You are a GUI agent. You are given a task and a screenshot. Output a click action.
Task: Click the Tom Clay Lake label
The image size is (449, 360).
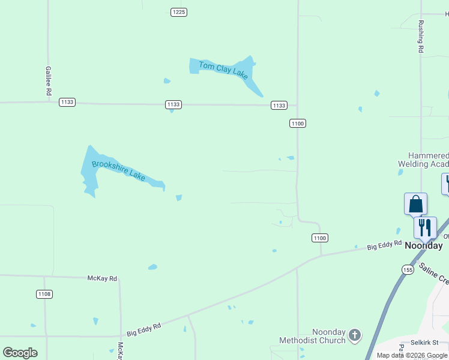pos(223,70)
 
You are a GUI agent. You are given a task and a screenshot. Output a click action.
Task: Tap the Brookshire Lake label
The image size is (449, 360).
pos(118,170)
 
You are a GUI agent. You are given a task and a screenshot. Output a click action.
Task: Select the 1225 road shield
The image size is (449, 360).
pos(178,12)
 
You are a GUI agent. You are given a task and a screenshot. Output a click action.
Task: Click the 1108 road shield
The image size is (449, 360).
pos(44,294)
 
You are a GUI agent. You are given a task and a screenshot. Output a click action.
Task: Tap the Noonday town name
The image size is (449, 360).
pos(424,245)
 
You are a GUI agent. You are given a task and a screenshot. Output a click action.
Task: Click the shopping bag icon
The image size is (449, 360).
pos(415,205)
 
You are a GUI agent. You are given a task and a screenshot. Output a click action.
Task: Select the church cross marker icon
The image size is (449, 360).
pos(355,335)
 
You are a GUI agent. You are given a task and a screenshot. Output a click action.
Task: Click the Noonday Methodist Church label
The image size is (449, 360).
pos(312,337)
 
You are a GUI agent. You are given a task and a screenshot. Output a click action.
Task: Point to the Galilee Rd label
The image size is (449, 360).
pos(48,81)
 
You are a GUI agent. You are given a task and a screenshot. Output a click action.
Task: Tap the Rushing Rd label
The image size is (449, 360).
pos(421,37)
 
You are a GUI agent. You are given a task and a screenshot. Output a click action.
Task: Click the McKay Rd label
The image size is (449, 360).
pos(102,278)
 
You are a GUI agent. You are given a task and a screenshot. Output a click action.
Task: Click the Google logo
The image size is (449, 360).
pos(20,353)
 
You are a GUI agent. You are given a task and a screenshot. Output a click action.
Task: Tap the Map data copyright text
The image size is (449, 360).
pos(412,355)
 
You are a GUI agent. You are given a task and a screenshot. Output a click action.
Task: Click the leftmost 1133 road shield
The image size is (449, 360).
pos(67,103)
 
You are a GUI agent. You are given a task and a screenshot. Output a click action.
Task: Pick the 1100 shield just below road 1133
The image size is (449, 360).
pos(298,124)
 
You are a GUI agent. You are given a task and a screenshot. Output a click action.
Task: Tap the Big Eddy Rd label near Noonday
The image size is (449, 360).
pos(384,245)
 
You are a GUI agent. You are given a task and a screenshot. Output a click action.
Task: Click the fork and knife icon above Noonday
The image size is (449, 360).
pos(425,227)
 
